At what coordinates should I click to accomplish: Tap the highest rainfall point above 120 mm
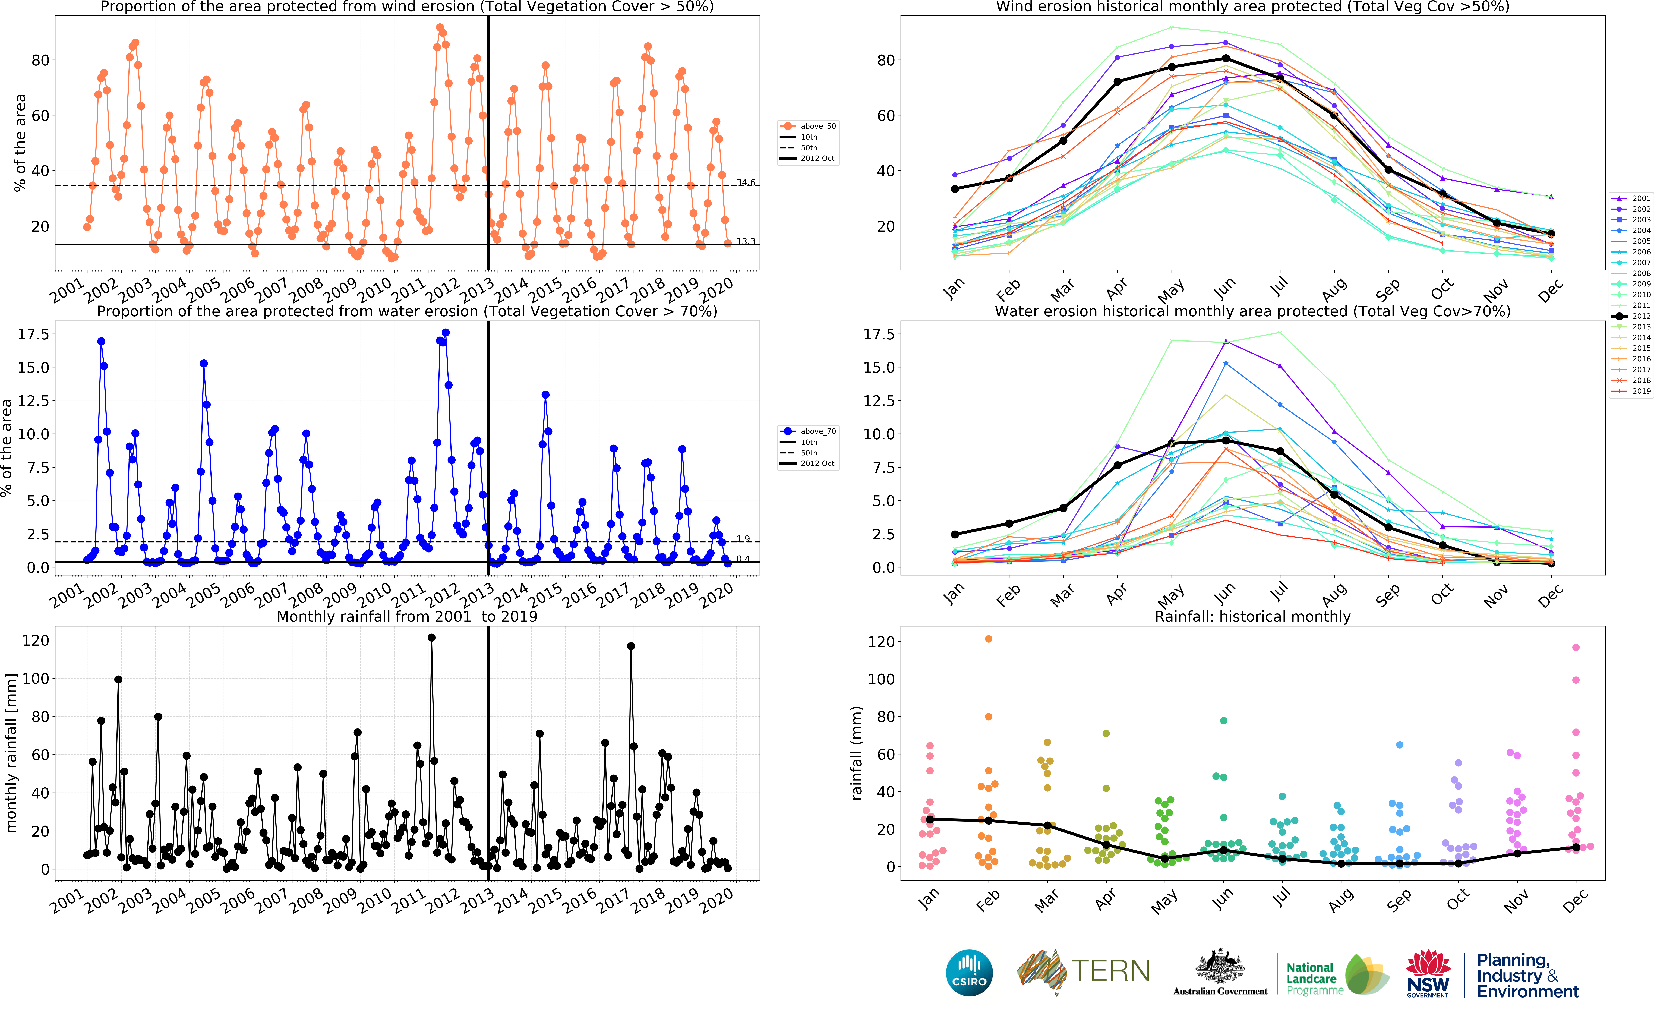click(431, 638)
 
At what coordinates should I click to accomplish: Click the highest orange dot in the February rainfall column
click(988, 639)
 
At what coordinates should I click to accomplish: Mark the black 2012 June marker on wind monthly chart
click(1225, 58)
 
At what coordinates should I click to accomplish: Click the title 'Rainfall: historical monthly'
click(1252, 616)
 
